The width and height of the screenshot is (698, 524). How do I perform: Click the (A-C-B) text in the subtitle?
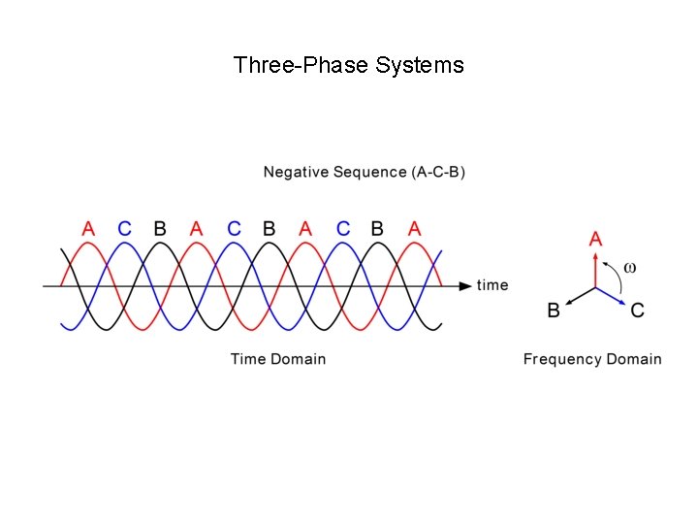point(438,173)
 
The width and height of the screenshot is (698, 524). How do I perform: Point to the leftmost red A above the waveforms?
point(88,229)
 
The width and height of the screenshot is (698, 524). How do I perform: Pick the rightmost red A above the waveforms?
point(415,229)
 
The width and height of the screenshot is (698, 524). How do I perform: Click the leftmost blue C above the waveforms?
point(124,229)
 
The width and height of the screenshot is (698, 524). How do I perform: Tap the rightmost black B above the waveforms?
point(377,229)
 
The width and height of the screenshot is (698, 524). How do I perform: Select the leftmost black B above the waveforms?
point(160,229)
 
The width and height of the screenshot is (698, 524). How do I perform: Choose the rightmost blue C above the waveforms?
point(342,229)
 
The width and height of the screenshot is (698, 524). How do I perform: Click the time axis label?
point(492,285)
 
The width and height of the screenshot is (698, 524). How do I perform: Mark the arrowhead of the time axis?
point(466,285)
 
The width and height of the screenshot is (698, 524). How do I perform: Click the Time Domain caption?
point(278,359)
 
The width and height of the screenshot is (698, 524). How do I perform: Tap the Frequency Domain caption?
point(592,359)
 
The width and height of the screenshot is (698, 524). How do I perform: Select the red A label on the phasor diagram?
point(595,238)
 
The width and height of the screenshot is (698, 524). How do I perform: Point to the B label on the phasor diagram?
point(554,311)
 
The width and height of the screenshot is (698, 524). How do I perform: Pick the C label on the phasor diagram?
point(637,311)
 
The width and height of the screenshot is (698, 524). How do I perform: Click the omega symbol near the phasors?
point(629,267)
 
